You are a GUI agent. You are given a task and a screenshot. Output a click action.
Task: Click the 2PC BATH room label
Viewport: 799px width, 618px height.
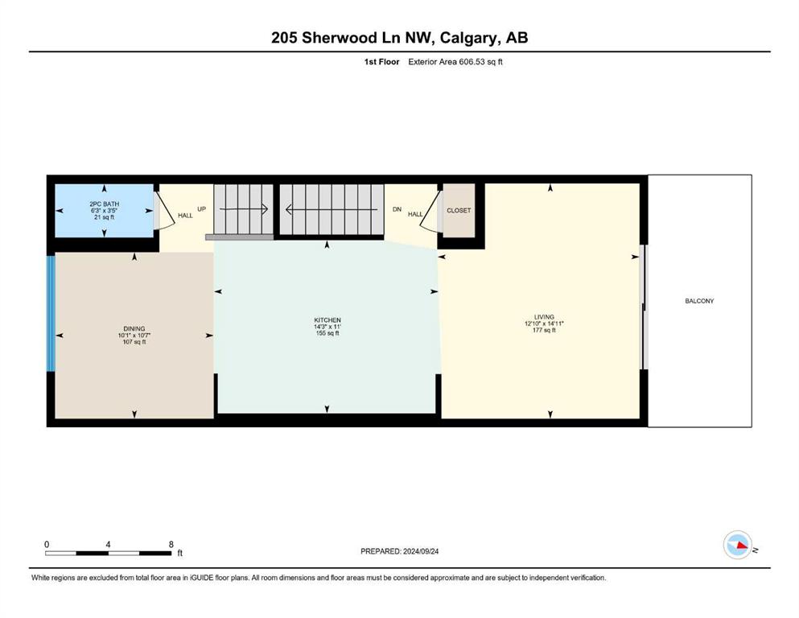[104, 204]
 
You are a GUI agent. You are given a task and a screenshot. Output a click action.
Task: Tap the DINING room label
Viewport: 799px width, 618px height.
[134, 328]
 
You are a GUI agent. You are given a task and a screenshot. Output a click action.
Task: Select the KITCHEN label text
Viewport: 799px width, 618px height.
[327, 320]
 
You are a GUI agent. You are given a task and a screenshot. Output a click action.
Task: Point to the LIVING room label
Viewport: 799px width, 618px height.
[544, 317]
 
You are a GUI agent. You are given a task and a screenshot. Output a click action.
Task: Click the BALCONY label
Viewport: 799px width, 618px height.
[699, 301]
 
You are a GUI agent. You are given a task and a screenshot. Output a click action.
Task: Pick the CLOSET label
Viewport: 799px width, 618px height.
[459, 210]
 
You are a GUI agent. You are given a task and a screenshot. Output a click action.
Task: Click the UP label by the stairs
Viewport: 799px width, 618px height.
[201, 209]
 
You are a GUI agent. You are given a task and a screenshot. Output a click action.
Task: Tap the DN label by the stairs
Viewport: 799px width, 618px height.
[397, 209]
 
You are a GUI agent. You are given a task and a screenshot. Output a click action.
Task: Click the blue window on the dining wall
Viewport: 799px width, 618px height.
[51, 313]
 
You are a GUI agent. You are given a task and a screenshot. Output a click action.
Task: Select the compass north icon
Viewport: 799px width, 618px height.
[738, 545]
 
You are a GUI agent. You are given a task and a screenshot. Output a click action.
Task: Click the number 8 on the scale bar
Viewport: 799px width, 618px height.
[171, 544]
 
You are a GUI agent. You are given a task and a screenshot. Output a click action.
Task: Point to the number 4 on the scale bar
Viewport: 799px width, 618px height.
[108, 544]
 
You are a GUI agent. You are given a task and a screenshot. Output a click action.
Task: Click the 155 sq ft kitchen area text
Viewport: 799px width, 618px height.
[327, 333]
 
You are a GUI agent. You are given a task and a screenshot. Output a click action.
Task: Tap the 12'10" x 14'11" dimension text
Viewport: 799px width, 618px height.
[544, 323]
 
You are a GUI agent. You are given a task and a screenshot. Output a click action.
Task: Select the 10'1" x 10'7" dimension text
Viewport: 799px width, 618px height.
[134, 336]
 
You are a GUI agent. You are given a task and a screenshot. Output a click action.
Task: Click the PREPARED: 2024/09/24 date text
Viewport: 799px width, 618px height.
[399, 551]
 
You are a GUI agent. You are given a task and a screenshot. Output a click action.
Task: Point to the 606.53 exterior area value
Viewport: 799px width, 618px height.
[473, 62]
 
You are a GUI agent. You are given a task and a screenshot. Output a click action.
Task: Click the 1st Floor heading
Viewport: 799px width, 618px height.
[381, 62]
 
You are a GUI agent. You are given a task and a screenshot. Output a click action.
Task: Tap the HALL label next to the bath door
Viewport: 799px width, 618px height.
[185, 216]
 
